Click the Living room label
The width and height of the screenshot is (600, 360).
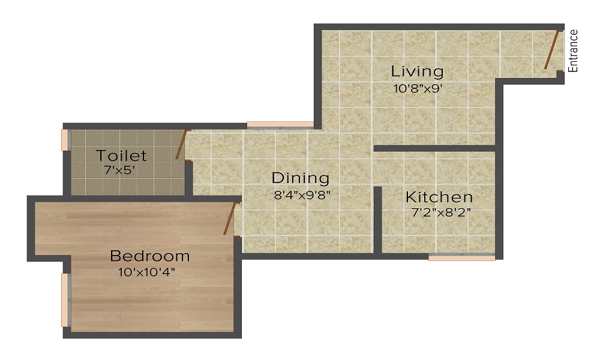417,71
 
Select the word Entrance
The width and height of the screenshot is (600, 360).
574,51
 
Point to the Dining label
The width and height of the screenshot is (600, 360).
301,178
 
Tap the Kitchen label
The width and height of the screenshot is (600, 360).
439,197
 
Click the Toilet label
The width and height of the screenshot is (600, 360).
121,156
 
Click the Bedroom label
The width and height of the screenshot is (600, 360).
149,256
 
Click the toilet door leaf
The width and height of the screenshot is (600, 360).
181,145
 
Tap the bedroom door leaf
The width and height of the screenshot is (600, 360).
229,218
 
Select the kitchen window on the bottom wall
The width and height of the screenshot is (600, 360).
461,257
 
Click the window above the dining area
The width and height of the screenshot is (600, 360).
280,125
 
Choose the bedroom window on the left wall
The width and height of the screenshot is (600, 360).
65,300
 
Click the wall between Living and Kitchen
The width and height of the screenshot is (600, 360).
434,148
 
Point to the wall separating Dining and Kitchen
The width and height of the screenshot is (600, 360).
378,219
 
